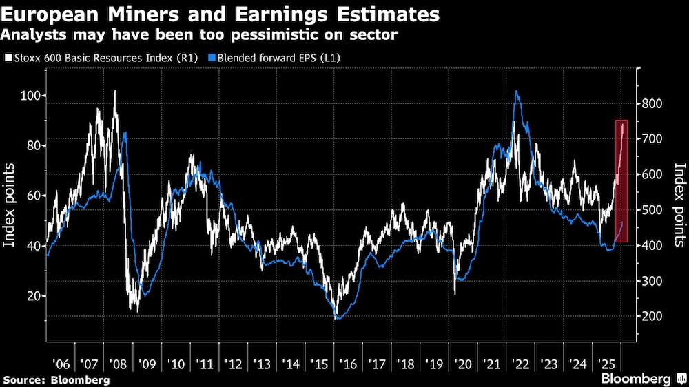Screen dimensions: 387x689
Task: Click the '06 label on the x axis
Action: coord(61,363)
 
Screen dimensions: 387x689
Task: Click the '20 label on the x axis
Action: coord(462,363)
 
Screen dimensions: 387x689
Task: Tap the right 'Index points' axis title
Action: coord(679,205)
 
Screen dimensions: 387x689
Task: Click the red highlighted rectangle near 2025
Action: coord(621,180)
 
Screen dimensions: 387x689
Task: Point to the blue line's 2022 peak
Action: coord(517,92)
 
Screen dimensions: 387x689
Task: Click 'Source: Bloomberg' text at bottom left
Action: coord(56,379)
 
